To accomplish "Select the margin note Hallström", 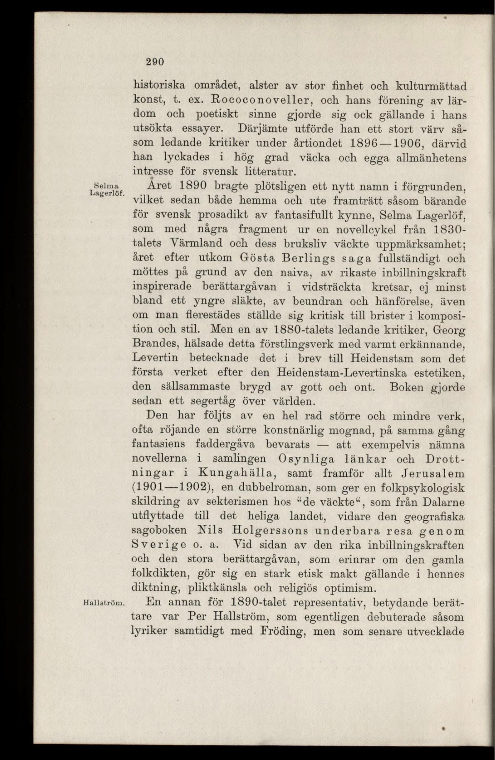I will pos(105,603).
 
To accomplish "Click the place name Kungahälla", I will pos(236,473).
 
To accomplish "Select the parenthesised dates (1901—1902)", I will pos(171,488).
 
